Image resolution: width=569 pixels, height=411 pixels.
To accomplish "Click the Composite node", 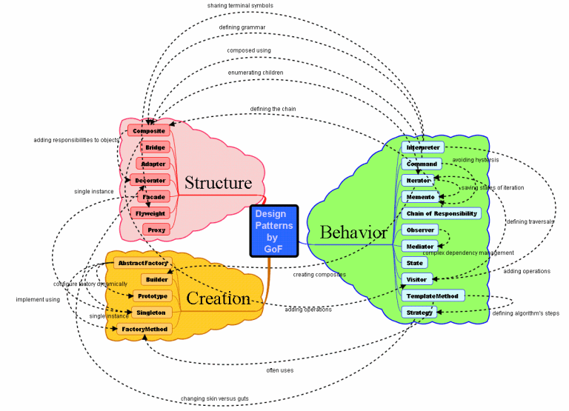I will click(149, 131).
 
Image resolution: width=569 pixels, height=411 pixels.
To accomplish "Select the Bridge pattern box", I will click(156, 147).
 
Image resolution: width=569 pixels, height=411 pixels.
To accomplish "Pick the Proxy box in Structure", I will click(156, 230).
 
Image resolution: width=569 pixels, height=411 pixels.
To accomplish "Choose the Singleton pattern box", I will click(151, 313).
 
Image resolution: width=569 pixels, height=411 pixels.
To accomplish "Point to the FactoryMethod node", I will click(144, 328).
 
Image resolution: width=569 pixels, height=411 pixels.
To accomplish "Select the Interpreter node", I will click(424, 147).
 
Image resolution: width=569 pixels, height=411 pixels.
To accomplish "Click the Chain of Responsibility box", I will click(442, 213).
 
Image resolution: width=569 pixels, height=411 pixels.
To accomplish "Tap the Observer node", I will click(420, 230).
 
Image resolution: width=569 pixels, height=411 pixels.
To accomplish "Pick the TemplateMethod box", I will click(433, 296).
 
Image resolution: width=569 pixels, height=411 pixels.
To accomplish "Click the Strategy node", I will click(419, 313).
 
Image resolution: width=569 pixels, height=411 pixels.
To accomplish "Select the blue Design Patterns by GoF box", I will click(274, 231).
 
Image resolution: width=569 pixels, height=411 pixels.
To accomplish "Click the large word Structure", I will click(218, 183).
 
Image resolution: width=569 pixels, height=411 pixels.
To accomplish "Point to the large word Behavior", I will click(353, 233).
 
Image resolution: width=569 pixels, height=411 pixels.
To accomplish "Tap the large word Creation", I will click(218, 298).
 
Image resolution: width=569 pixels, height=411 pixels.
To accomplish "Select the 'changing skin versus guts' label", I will click(215, 398).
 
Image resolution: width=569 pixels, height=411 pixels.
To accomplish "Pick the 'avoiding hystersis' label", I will click(476, 160).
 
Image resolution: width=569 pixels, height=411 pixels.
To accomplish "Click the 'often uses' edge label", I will click(280, 370).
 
